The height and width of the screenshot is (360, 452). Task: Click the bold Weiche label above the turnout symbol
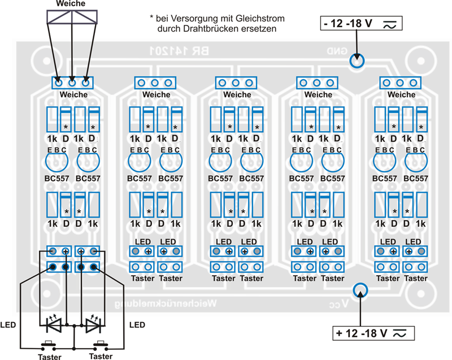71,4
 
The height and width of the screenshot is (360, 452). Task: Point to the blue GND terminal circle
356,61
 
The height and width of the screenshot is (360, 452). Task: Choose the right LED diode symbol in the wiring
94,325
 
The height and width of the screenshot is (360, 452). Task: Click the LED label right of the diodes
137,325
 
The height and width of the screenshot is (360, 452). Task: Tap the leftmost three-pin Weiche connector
72,82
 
